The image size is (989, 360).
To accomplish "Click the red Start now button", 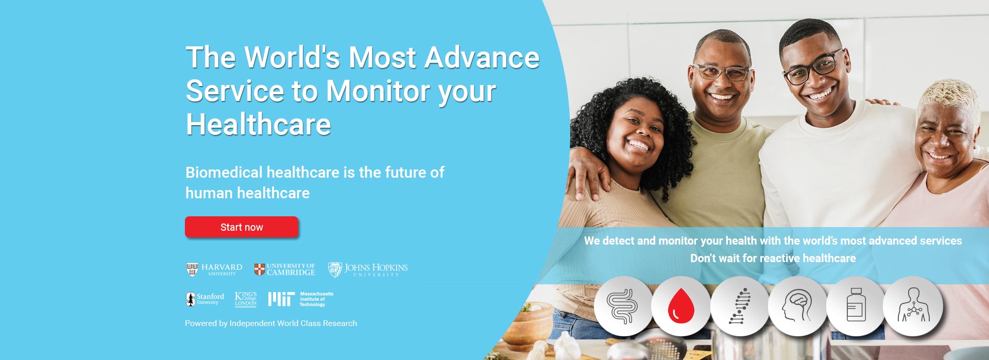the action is (242, 227).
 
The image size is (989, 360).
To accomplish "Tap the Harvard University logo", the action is (214, 269).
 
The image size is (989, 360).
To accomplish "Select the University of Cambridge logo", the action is (285, 269).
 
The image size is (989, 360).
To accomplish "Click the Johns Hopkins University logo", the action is (368, 269).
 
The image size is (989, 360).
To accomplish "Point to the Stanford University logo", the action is (205, 299).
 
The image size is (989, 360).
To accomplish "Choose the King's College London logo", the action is (246, 299).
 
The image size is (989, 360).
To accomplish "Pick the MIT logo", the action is (301, 299).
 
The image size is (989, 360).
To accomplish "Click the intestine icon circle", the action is (623, 306).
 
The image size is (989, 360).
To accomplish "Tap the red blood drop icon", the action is (681, 306).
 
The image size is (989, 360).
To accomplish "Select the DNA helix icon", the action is (740, 306).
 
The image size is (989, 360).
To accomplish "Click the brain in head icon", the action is (797, 306).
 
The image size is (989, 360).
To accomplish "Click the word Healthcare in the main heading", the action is (259, 125).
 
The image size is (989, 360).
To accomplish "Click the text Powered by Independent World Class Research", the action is (271, 323).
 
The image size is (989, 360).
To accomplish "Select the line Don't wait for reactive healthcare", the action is (773, 258).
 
